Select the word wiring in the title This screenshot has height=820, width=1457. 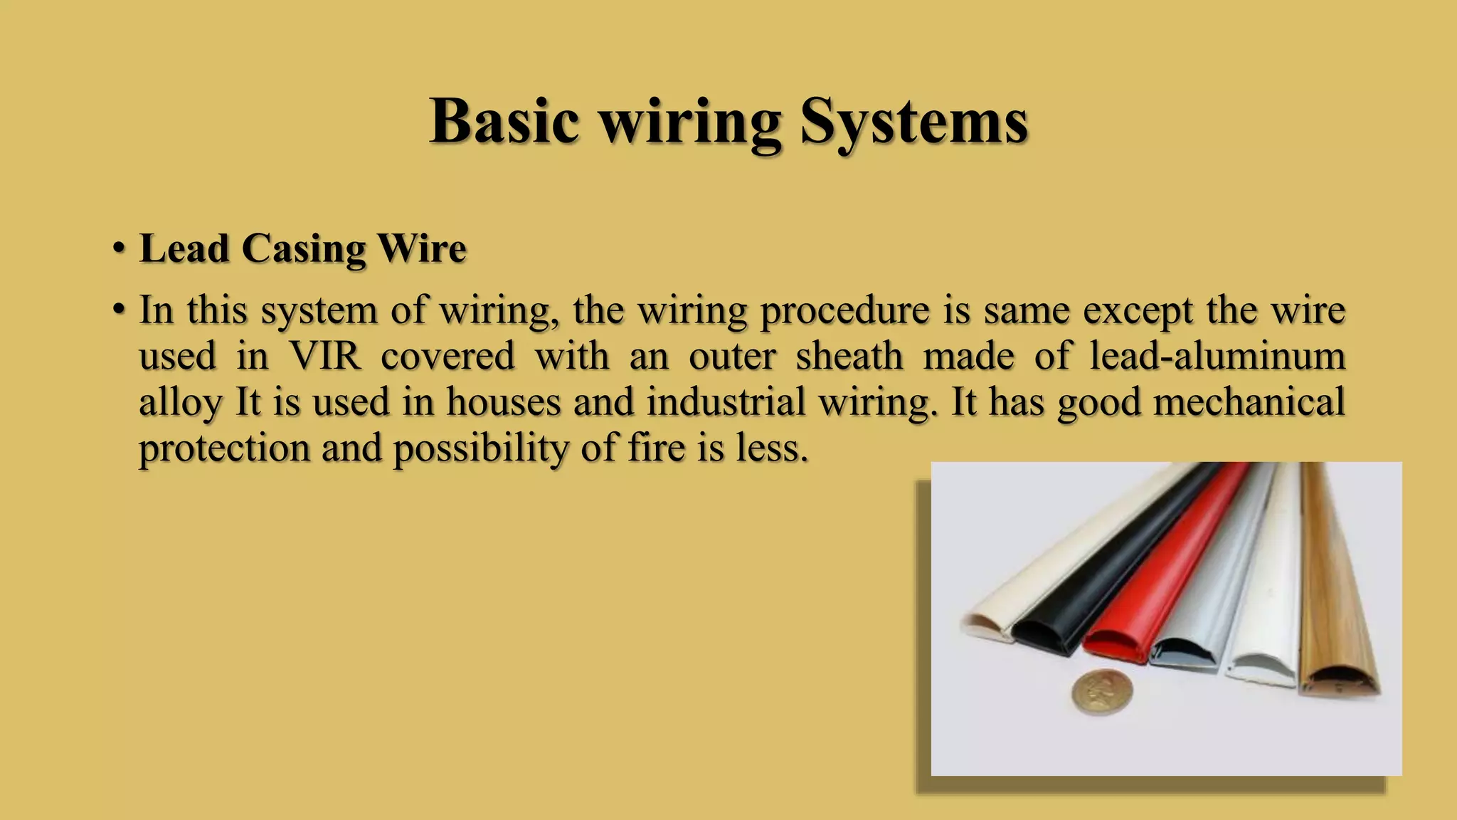[x=690, y=122]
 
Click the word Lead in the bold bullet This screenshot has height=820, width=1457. [x=184, y=248]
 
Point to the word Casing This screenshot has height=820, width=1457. [x=303, y=250]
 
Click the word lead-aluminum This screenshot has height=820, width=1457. [x=1217, y=355]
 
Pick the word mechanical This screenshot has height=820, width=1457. [x=1249, y=401]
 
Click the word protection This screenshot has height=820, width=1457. [x=224, y=448]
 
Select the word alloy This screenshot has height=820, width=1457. [x=181, y=403]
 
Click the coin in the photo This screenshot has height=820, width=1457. [x=1102, y=693]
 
